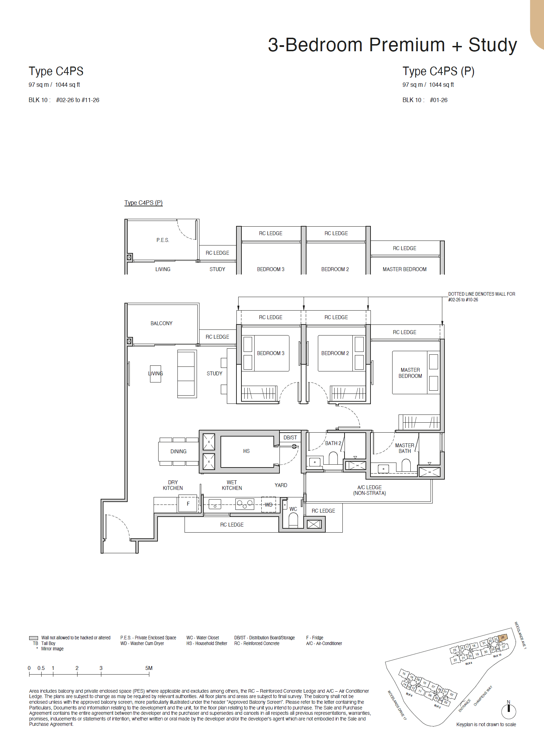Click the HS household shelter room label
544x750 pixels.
tap(246, 451)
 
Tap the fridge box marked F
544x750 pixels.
tap(188, 504)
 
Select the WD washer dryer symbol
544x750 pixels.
tap(268, 505)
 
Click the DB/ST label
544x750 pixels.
tap(290, 438)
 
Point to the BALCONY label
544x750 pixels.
tap(161, 323)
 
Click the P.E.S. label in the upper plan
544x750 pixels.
tap(163, 240)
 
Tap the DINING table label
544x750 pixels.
tap(178, 451)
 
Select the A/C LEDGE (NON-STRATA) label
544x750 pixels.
tap(369, 490)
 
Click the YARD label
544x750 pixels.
tap(281, 485)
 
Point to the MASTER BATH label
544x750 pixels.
tap(405, 448)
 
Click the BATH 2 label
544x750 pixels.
tap(333, 443)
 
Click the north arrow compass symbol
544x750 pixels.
tap(508, 711)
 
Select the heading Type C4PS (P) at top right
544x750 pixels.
tap(438, 71)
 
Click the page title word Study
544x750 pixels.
tap(492, 45)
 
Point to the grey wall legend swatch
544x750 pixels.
tap(33, 638)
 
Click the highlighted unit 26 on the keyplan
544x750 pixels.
tap(502, 638)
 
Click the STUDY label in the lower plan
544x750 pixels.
tap(214, 374)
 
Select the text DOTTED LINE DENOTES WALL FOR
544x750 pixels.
tap(481, 294)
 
